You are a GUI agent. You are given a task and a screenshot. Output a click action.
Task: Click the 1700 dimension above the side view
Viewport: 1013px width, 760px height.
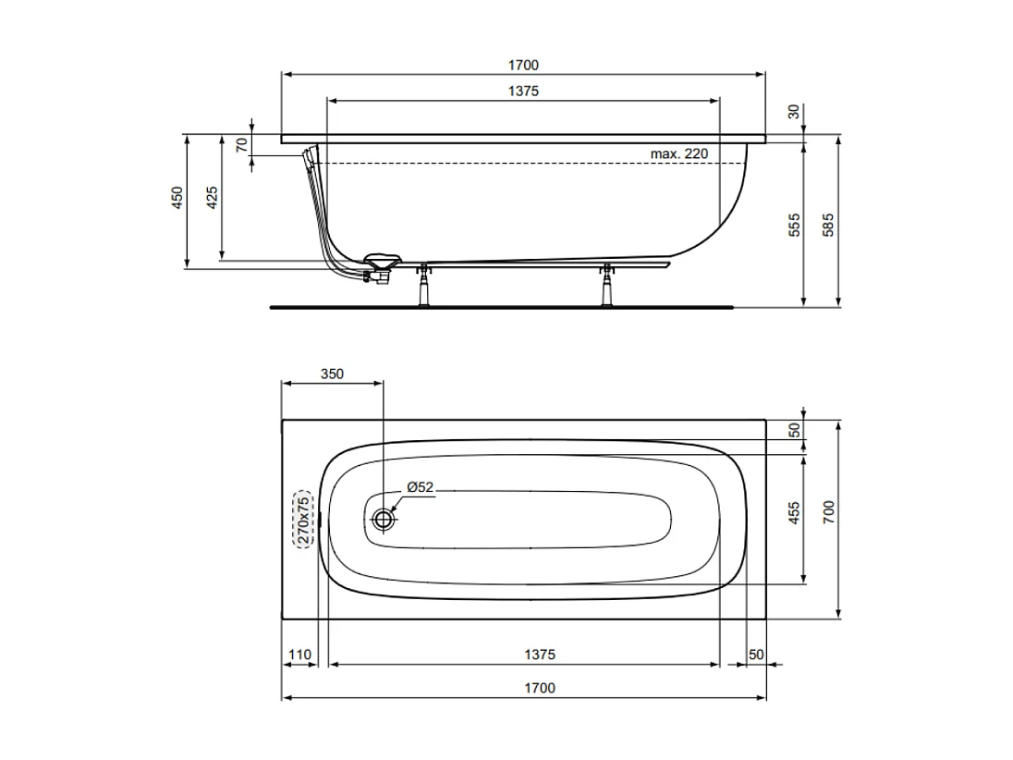[522, 65]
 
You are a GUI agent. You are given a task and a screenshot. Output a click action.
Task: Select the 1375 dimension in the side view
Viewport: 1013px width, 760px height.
[522, 91]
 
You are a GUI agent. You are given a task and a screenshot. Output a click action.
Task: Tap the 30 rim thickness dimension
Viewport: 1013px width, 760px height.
[793, 112]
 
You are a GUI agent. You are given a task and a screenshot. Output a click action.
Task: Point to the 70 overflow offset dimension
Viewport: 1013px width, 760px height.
[241, 145]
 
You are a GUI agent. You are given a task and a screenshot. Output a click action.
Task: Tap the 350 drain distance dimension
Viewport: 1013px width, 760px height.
[332, 374]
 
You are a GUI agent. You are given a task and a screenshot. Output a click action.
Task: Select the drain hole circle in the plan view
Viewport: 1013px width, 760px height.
[383, 520]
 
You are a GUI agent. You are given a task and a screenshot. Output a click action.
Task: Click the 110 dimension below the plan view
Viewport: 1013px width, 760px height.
[299, 655]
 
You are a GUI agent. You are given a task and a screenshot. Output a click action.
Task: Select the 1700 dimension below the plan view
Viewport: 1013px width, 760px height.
[540, 688]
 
